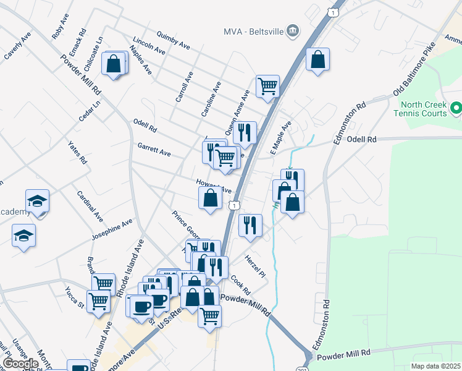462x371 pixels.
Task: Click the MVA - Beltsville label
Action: click(x=253, y=30)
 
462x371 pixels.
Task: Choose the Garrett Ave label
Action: click(x=154, y=150)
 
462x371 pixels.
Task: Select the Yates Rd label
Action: click(x=78, y=152)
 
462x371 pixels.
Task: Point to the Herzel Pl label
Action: click(x=254, y=266)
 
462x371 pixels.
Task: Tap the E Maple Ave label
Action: click(x=280, y=138)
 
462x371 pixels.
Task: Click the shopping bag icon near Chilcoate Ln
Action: click(x=114, y=63)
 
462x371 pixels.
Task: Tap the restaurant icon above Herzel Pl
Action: click(x=250, y=224)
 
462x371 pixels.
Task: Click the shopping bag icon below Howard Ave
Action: click(x=210, y=198)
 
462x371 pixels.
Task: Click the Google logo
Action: click(x=20, y=364)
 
